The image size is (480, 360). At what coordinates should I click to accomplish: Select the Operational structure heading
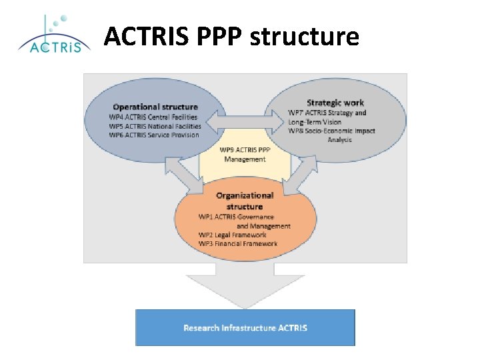pyautogui.click(x=155, y=107)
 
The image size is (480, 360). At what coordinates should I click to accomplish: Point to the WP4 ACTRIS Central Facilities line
pyautogui.click(x=154, y=117)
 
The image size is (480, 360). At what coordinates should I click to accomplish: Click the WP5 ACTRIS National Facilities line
pyautogui.click(x=155, y=126)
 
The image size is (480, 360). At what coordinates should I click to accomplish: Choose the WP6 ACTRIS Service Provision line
pyautogui.click(x=154, y=135)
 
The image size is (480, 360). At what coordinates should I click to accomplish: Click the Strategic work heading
pyautogui.click(x=335, y=103)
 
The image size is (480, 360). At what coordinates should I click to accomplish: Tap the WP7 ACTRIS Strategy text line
pyautogui.click(x=327, y=113)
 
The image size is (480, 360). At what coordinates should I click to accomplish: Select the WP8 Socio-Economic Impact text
pyautogui.click(x=332, y=131)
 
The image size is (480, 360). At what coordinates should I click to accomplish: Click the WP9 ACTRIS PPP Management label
pyautogui.click(x=245, y=154)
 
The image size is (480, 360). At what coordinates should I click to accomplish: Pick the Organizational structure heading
pyautogui.click(x=245, y=201)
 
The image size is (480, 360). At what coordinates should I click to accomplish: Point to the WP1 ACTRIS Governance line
pyautogui.click(x=236, y=217)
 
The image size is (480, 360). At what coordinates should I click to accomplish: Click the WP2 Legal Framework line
pyautogui.click(x=232, y=235)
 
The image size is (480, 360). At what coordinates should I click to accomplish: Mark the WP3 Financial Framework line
pyautogui.click(x=237, y=244)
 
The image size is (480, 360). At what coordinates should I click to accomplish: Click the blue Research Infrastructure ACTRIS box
pyautogui.click(x=245, y=327)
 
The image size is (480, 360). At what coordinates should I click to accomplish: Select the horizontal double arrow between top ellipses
pyautogui.click(x=244, y=121)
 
